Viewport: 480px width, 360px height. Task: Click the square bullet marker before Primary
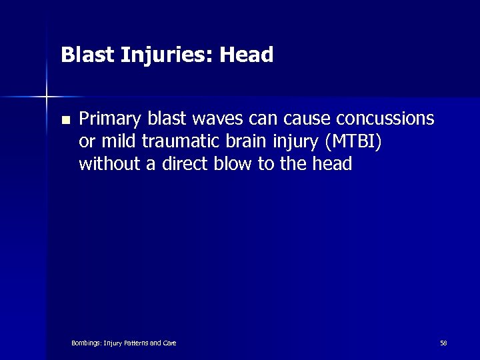65,121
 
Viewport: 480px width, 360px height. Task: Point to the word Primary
109,120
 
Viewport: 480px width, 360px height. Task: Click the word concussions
385,119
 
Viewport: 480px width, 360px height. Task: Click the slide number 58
443,343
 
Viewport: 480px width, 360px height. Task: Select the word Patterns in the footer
135,343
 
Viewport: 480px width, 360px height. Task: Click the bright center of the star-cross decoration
47,97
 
